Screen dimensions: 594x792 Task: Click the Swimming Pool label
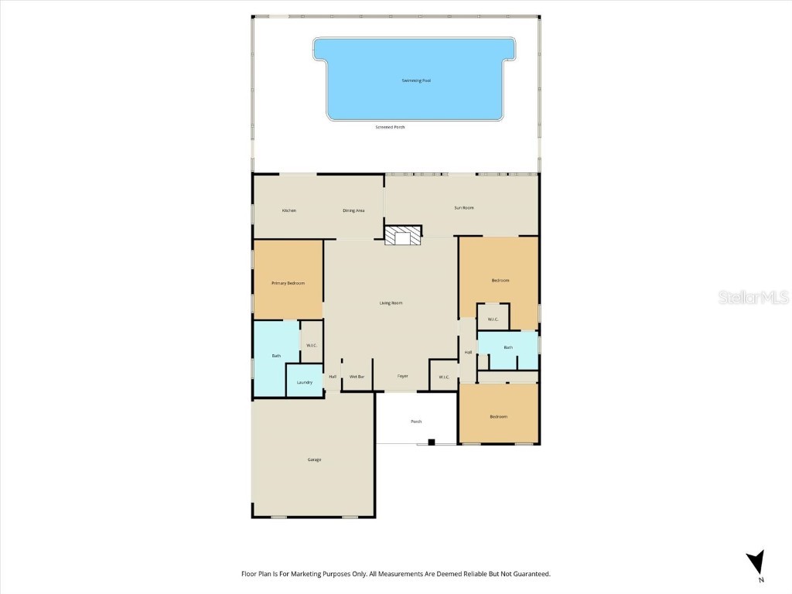click(416, 80)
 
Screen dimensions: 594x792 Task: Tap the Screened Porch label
click(390, 127)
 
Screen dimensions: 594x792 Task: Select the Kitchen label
click(289, 210)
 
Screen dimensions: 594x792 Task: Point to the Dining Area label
click(353, 210)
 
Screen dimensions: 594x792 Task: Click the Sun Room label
click(464, 207)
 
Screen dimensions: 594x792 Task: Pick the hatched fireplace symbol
click(403, 236)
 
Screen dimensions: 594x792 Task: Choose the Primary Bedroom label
click(288, 283)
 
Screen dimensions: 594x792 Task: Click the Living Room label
click(391, 303)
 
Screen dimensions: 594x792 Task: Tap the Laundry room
click(305, 381)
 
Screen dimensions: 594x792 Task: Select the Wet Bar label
click(357, 377)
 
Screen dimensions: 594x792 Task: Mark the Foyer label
click(403, 377)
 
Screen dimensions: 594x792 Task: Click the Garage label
click(314, 459)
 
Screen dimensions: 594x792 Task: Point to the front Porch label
click(416, 422)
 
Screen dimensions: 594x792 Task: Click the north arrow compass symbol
click(759, 562)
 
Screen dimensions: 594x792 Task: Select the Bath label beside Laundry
click(276, 356)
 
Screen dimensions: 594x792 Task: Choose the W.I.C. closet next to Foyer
click(444, 377)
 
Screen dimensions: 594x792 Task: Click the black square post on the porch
click(432, 442)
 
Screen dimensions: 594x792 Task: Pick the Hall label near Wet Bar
click(333, 377)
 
